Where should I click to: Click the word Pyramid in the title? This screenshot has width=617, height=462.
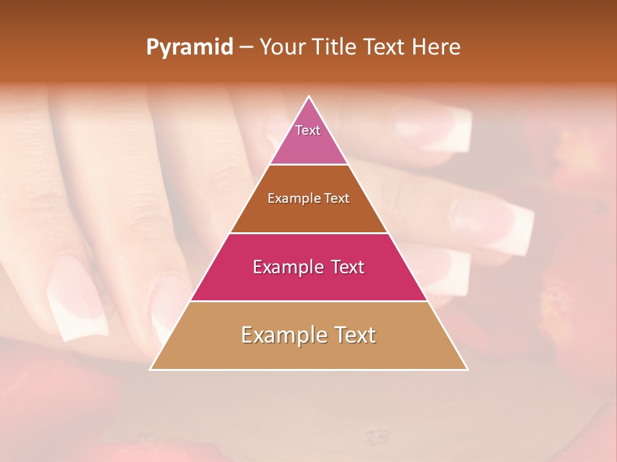tap(190, 47)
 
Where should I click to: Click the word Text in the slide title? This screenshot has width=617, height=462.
tap(384, 47)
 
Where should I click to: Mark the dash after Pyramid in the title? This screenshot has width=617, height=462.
tap(246, 48)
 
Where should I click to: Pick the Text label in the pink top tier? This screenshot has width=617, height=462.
tap(308, 130)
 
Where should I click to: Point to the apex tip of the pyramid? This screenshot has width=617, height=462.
tap(309, 97)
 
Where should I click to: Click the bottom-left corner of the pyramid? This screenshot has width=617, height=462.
tap(151, 369)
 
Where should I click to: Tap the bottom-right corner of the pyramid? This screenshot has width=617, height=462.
tap(467, 369)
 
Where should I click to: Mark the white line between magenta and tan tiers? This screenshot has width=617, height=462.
tap(309, 302)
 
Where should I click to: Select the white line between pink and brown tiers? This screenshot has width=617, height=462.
tap(309, 165)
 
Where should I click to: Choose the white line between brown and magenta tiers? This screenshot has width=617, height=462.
tap(309, 233)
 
